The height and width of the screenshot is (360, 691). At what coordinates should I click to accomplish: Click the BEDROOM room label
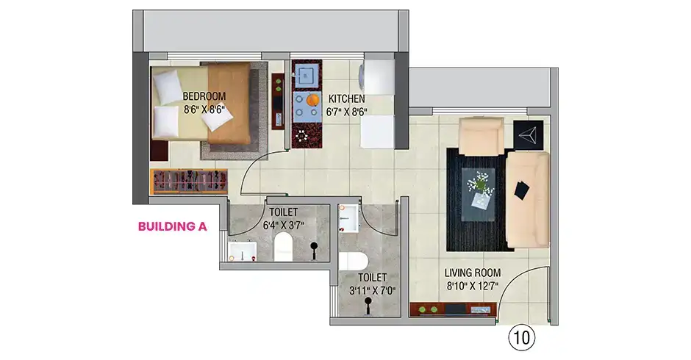coord(204,96)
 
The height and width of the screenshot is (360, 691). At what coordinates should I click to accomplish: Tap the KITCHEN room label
coord(346,98)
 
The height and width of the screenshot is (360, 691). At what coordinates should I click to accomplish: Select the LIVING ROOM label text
coord(473,273)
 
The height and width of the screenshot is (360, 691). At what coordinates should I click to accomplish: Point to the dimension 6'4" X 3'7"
coord(283,226)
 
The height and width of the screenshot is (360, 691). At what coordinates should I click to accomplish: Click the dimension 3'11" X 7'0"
coord(373,291)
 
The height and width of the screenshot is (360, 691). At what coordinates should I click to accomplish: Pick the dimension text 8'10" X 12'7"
coord(473,287)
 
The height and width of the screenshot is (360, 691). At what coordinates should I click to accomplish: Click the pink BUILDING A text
coord(172,226)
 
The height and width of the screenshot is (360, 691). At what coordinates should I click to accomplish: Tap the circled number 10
coord(522,338)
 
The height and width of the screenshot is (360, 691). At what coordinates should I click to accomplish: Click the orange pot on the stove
coord(313,101)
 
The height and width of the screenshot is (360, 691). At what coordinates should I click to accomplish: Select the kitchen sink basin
coord(307,76)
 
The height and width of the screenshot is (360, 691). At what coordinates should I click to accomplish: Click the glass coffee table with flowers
coord(478,194)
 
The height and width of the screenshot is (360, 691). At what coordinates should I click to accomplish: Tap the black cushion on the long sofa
coord(522,190)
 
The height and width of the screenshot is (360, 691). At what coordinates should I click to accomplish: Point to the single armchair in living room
coord(481,136)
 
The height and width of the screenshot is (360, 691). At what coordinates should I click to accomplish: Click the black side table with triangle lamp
coord(528,134)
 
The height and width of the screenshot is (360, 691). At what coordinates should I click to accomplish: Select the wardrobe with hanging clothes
coord(189,181)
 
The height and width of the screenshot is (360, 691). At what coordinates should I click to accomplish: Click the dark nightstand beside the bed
coord(159,151)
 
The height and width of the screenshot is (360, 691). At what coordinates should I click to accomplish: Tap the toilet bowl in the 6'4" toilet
coord(283,247)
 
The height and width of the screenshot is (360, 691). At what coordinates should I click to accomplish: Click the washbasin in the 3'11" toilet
coord(349,217)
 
